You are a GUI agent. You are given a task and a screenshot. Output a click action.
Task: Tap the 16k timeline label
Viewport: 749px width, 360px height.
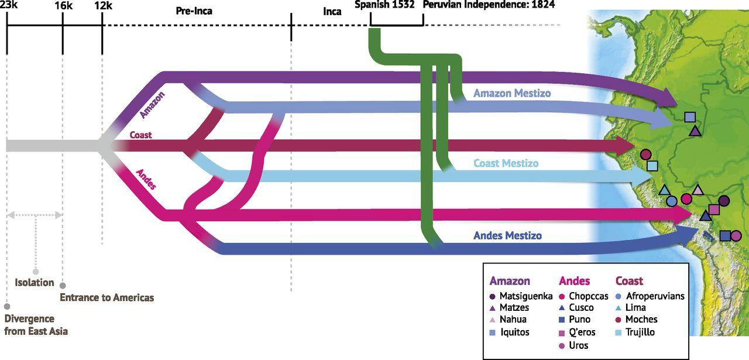[x=63, y=5]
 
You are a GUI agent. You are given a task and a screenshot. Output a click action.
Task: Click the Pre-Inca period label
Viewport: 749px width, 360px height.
[x=194, y=11]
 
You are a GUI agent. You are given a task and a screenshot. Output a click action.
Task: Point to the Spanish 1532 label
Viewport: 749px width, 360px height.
[x=384, y=5]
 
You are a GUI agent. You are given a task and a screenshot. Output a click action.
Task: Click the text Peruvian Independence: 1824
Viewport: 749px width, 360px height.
[x=489, y=5]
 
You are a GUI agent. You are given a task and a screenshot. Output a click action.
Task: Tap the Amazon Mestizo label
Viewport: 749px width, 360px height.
[x=511, y=93]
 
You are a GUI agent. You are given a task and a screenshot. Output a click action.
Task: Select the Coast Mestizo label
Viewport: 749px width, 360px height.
[x=506, y=163]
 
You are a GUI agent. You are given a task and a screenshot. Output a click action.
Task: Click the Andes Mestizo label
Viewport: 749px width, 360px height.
[x=507, y=236]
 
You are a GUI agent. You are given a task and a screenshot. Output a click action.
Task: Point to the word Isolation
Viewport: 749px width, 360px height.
[x=34, y=283]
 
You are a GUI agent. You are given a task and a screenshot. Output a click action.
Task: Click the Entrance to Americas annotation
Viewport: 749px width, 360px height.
[x=107, y=297]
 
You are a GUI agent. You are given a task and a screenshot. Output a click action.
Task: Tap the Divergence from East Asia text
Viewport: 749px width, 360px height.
[x=36, y=325]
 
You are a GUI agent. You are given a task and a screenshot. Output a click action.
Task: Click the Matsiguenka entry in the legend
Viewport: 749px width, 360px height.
[x=525, y=296]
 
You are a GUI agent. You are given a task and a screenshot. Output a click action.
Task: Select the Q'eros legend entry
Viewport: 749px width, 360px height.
[x=582, y=332]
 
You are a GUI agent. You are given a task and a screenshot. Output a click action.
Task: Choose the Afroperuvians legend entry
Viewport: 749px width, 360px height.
[x=655, y=296]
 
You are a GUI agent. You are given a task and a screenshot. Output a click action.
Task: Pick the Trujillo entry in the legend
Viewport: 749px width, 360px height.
[x=640, y=332]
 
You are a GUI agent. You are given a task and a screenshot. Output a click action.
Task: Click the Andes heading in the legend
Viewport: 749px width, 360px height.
[x=574, y=281]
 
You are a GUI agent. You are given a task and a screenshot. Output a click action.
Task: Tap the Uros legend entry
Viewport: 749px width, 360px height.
[x=578, y=345]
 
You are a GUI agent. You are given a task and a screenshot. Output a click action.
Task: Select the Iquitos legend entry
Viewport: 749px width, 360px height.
[x=515, y=332]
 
